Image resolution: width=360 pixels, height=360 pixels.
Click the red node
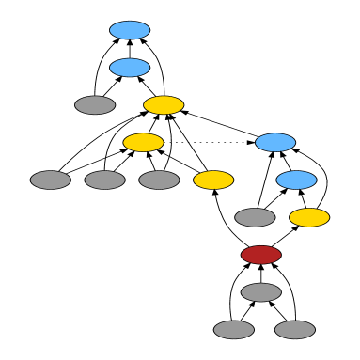point(260,255)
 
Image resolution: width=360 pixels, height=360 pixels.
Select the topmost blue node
point(130,30)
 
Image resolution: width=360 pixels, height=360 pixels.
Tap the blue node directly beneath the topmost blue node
point(130,68)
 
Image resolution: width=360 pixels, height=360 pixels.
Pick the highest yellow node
point(164,105)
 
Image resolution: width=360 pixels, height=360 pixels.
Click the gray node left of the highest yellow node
point(95,105)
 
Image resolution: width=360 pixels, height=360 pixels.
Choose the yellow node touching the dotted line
point(143,143)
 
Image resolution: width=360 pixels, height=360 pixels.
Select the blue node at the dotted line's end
point(275,143)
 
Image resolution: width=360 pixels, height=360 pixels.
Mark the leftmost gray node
point(51,180)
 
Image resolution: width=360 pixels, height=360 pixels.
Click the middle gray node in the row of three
point(104,180)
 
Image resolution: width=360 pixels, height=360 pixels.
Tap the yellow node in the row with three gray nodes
point(213,180)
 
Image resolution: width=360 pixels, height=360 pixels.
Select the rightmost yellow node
point(309,218)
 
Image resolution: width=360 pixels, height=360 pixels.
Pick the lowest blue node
point(296,180)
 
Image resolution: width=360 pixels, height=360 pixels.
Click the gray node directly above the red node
point(255,218)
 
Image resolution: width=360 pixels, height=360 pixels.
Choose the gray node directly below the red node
point(260,292)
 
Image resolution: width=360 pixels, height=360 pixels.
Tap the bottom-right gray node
point(295,330)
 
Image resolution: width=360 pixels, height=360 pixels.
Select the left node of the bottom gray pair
point(233,330)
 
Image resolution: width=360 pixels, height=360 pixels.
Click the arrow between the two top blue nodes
point(130,49)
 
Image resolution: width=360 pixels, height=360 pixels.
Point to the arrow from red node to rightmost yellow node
point(285,237)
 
